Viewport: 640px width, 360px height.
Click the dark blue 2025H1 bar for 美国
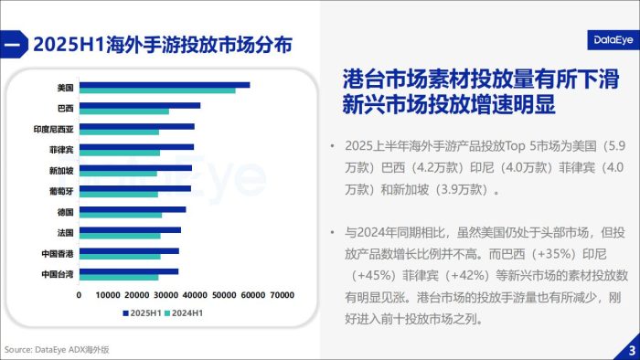pos(165,85)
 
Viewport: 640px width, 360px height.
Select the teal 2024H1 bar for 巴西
pos(124,111)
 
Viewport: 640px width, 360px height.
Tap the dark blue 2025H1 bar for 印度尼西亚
pos(137,126)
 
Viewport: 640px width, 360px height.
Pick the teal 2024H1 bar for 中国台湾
pos(119,277)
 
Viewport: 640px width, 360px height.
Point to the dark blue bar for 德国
pos(133,209)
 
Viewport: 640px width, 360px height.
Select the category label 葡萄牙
pos(61,191)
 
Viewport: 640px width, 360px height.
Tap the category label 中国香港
pos(58,253)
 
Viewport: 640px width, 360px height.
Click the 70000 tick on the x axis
pos(280,295)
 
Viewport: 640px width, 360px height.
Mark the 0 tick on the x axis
pos(80,295)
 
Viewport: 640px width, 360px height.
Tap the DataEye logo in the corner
pos(606,40)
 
